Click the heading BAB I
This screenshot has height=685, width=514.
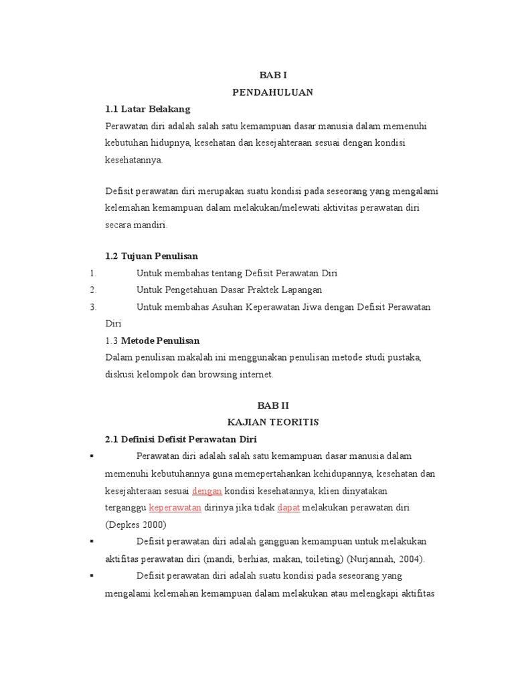[272, 76]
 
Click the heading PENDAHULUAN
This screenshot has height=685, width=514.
[272, 92]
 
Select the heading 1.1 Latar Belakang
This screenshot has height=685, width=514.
[148, 108]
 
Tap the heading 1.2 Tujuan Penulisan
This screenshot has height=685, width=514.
[152, 256]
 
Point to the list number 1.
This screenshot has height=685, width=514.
[92, 273]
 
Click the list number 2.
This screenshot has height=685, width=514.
[92, 290]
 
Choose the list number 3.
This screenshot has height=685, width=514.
[92, 307]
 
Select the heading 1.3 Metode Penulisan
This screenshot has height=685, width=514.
[153, 340]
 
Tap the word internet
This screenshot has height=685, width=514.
[254, 375]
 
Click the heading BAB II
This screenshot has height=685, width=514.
[272, 405]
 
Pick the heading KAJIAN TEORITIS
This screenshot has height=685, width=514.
[272, 422]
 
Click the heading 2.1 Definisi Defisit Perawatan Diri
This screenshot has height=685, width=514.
[181, 439]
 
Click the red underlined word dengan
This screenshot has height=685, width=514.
[207, 490]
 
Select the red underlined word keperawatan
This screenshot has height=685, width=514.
[175, 508]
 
